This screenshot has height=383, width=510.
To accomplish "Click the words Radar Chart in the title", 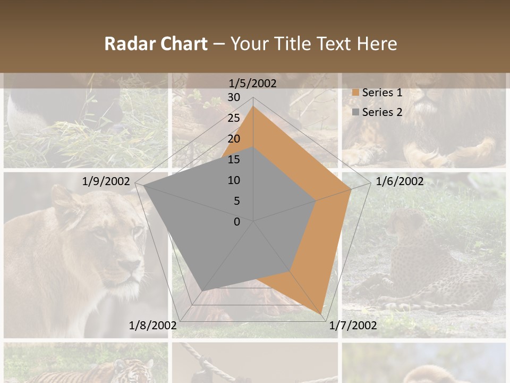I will click(x=155, y=44).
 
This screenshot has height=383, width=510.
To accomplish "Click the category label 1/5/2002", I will click(x=252, y=84).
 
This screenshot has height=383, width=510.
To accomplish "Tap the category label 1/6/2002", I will click(x=399, y=181).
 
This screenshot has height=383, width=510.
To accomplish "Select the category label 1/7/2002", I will click(x=353, y=325).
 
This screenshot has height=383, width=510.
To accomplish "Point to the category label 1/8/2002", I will click(x=152, y=325).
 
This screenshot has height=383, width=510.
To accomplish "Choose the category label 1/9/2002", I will click(x=106, y=181).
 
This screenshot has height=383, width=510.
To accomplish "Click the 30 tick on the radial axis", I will click(x=234, y=97).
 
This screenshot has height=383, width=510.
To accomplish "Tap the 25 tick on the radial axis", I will click(x=234, y=118).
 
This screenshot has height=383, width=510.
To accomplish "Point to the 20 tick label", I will click(x=234, y=139).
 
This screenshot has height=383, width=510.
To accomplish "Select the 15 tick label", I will click(x=234, y=160).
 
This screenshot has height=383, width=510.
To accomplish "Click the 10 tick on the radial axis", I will click(x=234, y=180).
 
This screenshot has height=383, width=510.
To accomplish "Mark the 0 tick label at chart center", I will click(x=237, y=222).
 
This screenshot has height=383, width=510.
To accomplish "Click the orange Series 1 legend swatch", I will click(x=355, y=93).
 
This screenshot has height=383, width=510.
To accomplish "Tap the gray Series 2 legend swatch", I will click(x=355, y=112).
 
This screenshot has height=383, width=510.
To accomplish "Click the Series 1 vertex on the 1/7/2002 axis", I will click(x=321, y=314).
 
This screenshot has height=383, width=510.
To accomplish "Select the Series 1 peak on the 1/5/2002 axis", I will click(x=253, y=106).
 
